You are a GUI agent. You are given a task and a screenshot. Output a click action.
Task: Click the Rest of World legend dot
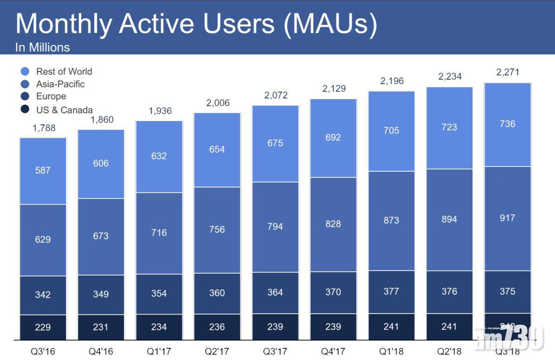[25, 71]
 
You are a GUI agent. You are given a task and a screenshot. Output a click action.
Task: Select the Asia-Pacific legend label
[60, 84]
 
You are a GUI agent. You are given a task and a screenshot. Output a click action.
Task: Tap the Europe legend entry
[51, 96]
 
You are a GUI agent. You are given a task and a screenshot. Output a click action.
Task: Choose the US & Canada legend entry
[65, 110]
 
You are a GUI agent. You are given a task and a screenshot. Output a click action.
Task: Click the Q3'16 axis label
[43, 351]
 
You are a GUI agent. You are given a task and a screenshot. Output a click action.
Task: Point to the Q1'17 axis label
[159, 351]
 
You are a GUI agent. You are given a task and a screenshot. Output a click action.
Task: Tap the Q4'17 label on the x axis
[333, 351]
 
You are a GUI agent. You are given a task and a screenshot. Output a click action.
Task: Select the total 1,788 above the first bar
[44, 128]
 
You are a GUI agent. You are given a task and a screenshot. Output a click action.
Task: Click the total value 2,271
[508, 72]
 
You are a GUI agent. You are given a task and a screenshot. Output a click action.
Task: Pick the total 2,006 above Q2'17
[218, 103]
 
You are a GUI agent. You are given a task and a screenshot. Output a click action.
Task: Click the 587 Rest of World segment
[43, 170]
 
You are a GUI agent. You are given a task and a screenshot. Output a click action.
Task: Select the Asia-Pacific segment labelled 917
[507, 218]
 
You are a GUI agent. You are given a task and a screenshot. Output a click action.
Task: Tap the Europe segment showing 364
[275, 293]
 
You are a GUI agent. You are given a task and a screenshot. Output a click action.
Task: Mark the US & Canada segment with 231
[101, 327]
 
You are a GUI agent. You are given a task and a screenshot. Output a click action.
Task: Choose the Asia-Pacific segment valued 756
[217, 230]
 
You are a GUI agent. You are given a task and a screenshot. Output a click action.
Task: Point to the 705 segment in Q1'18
[391, 130]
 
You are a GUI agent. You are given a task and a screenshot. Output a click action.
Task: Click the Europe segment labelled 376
[449, 291]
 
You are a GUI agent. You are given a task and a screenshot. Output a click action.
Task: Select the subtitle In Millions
[42, 47]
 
